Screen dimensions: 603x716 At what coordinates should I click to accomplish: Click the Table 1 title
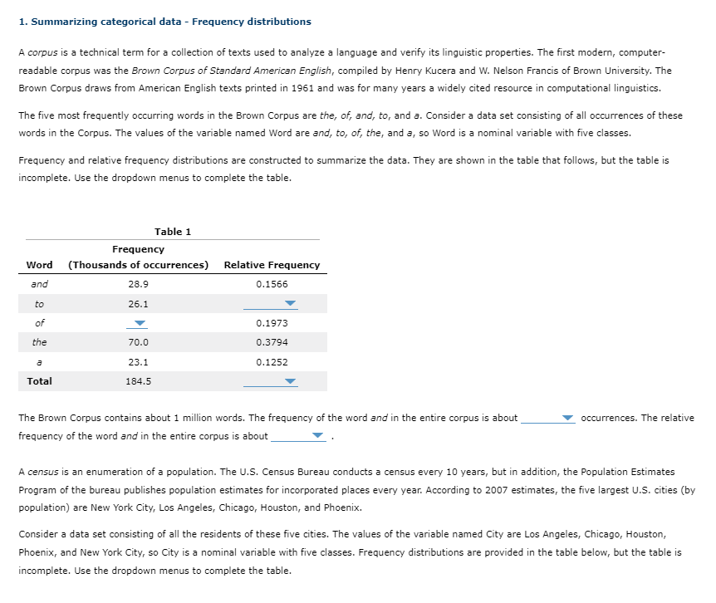point(172,232)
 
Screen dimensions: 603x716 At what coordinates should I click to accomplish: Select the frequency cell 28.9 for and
point(138,284)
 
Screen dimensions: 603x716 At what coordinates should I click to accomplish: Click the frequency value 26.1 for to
point(138,304)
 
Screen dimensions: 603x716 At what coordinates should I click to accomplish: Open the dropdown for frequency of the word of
point(140,324)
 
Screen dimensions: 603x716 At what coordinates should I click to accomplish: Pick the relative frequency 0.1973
point(272,323)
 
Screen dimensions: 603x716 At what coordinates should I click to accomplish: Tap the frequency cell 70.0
point(138,342)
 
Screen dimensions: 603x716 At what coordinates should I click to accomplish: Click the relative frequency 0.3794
point(272,342)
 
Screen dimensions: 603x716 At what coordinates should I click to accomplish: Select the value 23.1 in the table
point(138,362)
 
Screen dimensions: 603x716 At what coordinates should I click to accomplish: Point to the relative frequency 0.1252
point(272,362)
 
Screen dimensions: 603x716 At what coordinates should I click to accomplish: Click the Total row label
point(39,381)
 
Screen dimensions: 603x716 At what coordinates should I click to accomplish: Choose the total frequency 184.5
point(138,382)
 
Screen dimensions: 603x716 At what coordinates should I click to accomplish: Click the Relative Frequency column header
point(272,265)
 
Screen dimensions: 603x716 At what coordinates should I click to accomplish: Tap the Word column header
point(39,265)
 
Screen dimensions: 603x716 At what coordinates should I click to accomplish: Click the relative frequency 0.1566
point(272,284)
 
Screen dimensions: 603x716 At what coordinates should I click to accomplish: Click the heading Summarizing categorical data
point(164,22)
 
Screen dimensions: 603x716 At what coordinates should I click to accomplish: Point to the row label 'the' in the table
point(39,342)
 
